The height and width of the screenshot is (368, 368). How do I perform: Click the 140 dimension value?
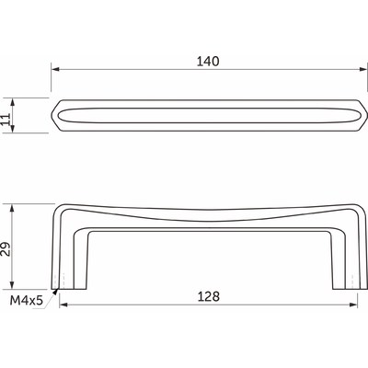coord(208,62)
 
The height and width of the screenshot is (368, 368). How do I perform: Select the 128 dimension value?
coord(209,296)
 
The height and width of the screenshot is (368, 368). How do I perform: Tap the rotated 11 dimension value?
coord(6,120)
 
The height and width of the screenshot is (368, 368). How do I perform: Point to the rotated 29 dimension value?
coord(6,249)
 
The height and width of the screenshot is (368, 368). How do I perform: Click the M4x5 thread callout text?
coord(26,301)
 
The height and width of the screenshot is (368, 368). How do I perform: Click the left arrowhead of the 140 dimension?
coord(55,69)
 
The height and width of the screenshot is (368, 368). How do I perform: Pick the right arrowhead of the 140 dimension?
coord(363,69)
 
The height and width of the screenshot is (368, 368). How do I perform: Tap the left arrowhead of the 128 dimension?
coord(63,305)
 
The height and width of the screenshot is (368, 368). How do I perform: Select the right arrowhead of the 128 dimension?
coord(353,305)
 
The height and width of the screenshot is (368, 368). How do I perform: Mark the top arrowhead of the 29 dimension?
coord(12,208)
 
